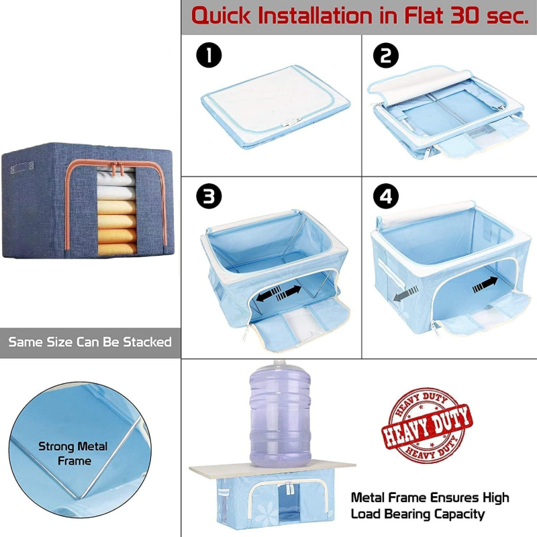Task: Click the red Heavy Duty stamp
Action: click(x=427, y=426)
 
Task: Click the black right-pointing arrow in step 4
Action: click(x=485, y=285)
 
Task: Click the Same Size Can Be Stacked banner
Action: click(x=90, y=342)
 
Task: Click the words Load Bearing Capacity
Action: click(x=417, y=514)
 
